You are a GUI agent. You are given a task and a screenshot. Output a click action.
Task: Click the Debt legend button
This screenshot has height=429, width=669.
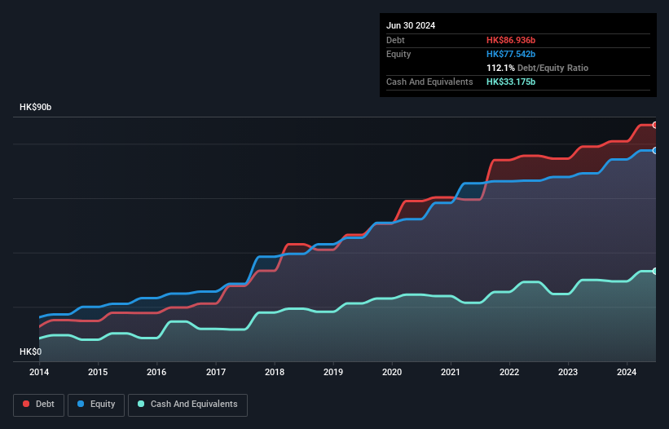pos(37,405)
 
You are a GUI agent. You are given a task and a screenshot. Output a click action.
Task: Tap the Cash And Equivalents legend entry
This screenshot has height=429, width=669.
pos(187,405)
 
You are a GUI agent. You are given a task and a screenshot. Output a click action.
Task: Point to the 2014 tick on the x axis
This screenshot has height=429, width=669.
pos(39,372)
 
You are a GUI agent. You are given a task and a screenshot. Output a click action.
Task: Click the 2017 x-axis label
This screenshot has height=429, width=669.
pos(216,372)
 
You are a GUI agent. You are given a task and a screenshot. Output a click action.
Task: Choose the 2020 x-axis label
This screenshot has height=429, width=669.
pos(392,372)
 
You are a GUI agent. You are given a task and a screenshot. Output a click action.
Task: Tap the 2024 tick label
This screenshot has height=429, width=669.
pos(627,372)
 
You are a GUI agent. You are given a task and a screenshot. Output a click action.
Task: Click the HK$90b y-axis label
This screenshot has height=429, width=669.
pos(37,108)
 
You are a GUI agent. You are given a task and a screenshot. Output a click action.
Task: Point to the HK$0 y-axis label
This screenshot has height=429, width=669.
pos(30,352)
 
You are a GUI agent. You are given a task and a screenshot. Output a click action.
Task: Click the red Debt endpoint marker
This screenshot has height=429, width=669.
pos(654,125)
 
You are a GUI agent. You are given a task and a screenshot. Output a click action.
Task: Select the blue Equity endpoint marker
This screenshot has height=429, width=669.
pos(654,151)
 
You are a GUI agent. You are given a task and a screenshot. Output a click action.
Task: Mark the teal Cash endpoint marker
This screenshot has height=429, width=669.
pos(654,271)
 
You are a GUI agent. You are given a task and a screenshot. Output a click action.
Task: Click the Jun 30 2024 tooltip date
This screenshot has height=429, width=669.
pos(411,25)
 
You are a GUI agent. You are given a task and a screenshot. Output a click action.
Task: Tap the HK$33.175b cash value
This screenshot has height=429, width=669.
pos(511,82)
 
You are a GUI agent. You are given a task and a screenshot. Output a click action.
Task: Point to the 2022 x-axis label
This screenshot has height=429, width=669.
pos(509,372)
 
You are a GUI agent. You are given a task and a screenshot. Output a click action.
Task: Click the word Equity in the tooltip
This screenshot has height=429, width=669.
pos(398,54)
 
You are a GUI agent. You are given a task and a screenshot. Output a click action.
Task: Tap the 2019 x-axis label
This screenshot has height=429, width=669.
pos(333,372)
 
